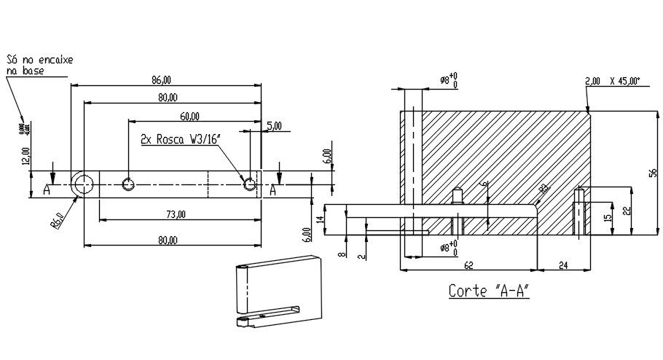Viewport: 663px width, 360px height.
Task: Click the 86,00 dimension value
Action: [x=161, y=79]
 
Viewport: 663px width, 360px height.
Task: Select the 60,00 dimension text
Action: [x=190, y=116]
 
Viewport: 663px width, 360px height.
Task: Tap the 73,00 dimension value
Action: [x=176, y=214]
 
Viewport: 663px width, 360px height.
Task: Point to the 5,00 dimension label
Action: [x=275, y=126]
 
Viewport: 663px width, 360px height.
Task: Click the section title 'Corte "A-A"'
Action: [x=488, y=291]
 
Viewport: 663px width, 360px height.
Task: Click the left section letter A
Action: [x=46, y=189]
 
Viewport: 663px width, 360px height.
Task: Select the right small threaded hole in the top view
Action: [x=250, y=183]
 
